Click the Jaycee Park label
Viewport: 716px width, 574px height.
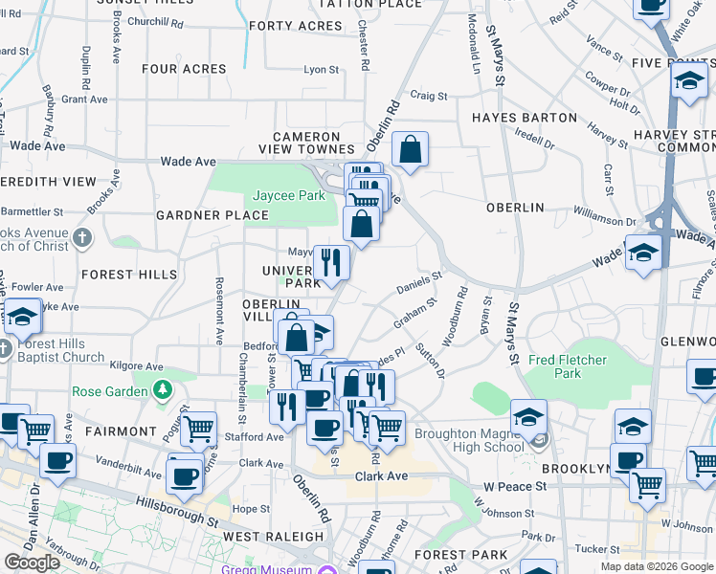coord(288,195)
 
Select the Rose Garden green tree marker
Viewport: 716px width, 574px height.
coord(164,389)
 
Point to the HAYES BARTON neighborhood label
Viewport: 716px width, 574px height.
coord(525,118)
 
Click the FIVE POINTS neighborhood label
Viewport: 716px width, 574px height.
coord(674,62)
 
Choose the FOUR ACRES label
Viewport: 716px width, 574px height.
coord(184,69)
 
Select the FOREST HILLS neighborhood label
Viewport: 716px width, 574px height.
coord(129,275)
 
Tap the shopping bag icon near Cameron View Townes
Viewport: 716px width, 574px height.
coord(410,150)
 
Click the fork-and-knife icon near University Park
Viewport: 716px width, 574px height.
coord(331,262)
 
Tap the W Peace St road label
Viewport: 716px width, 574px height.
coord(515,486)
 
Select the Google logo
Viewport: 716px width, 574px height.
coord(32,563)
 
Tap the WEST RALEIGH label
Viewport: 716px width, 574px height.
coord(264,537)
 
